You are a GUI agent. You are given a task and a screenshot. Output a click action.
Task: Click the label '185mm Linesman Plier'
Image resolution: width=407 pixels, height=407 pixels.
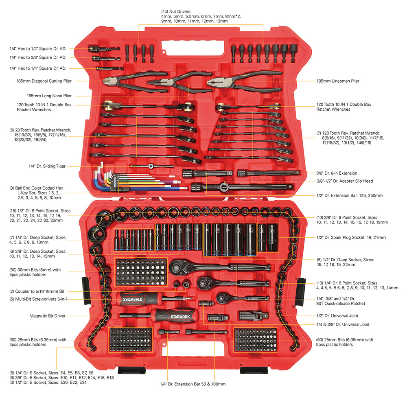tap(337, 81)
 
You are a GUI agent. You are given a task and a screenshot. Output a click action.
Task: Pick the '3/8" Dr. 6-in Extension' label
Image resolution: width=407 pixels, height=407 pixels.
tap(337, 173)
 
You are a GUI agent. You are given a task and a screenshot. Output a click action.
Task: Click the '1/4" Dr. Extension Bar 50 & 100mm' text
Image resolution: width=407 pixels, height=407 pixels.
tap(193, 384)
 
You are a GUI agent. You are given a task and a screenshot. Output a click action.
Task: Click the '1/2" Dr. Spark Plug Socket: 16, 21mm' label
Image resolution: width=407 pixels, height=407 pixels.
tap(351, 237)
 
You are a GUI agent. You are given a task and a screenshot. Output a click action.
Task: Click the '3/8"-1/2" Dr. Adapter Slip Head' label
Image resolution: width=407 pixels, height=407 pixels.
tap(345, 181)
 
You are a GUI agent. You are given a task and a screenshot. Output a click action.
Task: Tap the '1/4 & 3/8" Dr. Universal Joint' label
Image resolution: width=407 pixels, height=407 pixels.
tap(343, 324)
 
